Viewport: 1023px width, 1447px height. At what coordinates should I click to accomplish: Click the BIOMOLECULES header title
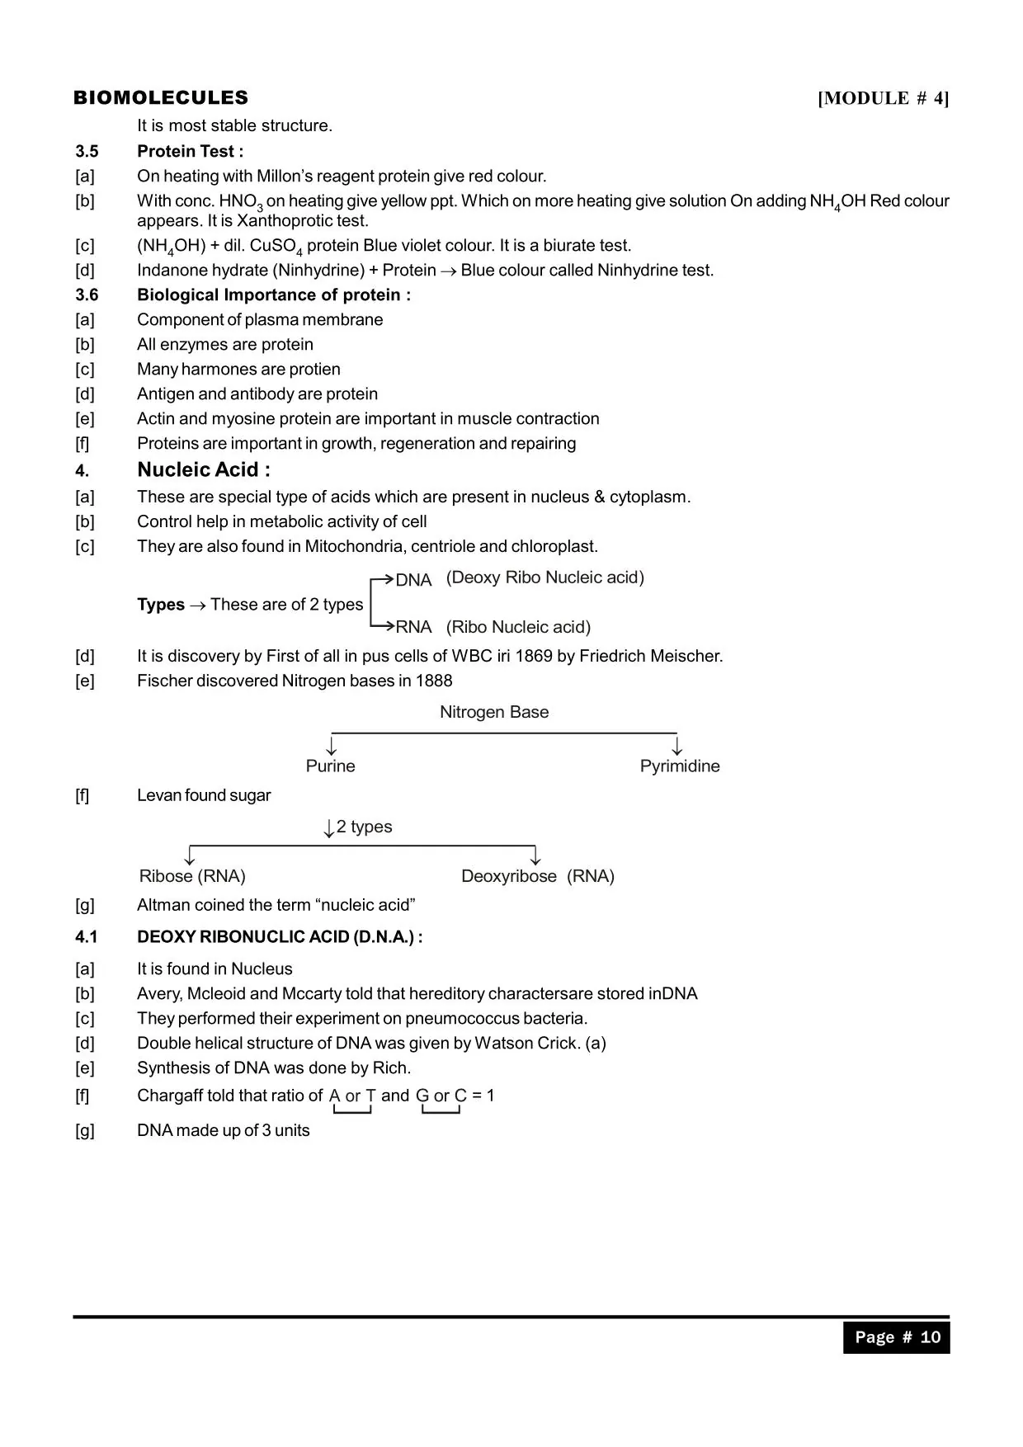161,98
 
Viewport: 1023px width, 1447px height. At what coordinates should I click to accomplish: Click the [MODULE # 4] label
883,99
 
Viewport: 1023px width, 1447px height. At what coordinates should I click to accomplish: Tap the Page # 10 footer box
896,1337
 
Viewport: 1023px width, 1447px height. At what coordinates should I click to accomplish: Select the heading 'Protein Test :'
190,151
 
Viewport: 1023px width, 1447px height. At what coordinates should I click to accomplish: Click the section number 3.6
87,295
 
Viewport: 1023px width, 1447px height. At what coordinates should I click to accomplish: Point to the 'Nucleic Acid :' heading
204,469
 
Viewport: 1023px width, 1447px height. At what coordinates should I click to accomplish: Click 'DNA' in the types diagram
413,580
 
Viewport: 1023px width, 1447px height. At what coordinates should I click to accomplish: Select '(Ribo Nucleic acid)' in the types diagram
518,627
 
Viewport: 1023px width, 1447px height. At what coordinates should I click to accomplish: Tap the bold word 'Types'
161,605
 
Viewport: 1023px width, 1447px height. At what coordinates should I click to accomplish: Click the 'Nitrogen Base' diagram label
493,712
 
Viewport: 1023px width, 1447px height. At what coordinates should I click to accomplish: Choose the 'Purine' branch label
330,766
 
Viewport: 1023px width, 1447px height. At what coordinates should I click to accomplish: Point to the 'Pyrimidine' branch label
680,766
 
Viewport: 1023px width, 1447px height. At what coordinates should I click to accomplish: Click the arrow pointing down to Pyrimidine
677,746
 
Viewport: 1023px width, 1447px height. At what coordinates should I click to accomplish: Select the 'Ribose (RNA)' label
192,876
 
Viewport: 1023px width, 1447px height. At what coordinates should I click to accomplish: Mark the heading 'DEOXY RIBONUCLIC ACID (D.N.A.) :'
280,937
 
